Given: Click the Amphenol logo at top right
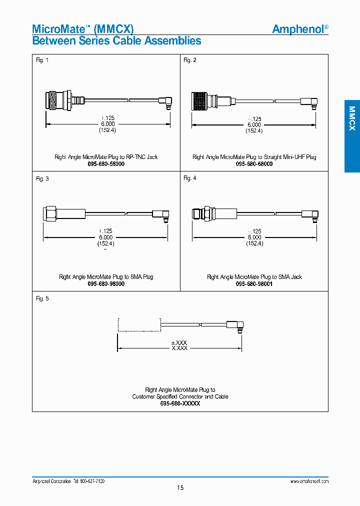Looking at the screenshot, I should point(300,29).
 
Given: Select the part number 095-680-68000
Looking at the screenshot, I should point(254,164).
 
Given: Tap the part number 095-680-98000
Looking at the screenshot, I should point(106,284).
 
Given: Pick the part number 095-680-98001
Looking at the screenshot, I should point(254,284).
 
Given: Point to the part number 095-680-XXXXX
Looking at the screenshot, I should point(180,403).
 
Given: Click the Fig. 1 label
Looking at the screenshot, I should point(42,60).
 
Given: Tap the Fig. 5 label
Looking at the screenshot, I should point(42,298).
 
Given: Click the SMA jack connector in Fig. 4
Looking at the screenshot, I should point(203,214).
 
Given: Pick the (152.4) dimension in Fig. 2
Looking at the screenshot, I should point(254,130).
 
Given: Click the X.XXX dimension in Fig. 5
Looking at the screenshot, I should point(179,348).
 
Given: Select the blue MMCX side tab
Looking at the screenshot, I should point(351,136).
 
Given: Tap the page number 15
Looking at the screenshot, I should point(180,487).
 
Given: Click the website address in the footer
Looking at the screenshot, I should point(309,480).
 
